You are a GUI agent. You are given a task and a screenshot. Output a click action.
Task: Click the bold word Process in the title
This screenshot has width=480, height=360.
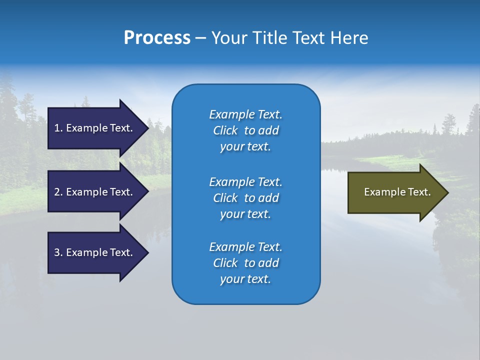click(157, 38)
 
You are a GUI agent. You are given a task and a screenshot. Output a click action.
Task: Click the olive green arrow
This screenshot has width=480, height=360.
click(395, 192)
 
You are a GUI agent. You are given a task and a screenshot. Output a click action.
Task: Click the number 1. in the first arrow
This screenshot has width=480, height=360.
click(58, 128)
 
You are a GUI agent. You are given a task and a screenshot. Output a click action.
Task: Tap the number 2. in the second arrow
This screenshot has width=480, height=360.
click(58, 192)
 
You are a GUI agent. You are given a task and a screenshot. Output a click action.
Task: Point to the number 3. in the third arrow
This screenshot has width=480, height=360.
click(58, 252)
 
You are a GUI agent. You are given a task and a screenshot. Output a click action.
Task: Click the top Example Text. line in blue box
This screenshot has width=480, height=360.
click(245, 114)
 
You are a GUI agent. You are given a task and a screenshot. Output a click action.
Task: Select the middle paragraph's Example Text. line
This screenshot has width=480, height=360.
click(245, 181)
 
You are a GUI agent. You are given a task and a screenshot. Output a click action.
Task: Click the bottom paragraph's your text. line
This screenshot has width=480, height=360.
click(245, 279)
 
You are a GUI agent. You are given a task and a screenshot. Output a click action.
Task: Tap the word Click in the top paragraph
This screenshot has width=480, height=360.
click(225, 130)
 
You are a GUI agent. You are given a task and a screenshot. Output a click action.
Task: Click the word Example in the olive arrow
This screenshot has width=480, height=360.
click(381, 192)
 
